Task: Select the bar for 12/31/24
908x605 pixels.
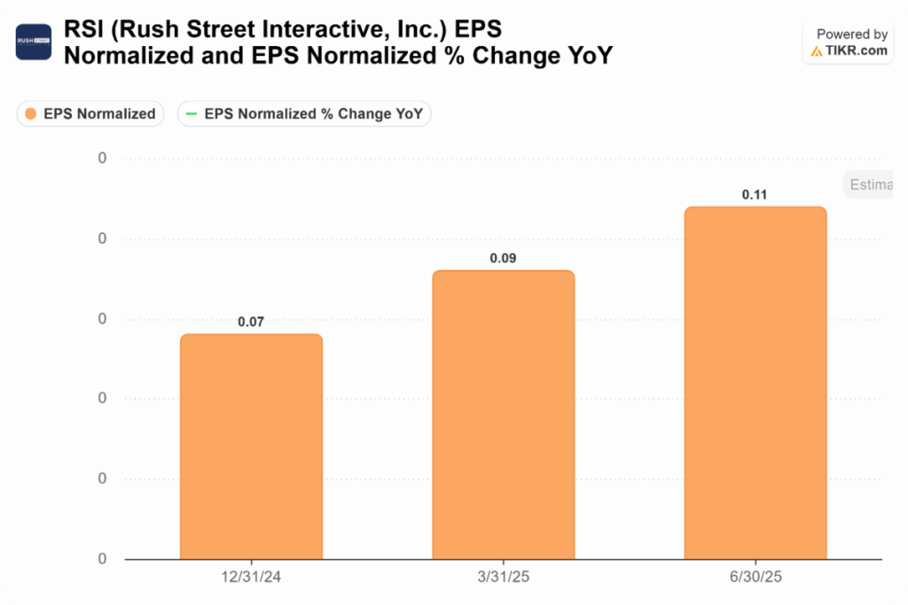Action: (x=251, y=446)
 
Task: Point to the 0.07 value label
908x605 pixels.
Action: (x=251, y=322)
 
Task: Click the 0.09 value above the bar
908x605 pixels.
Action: (x=503, y=259)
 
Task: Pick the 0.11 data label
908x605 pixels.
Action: (x=755, y=195)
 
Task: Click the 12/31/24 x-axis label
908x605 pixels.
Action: (x=251, y=577)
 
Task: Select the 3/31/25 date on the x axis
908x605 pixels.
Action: (x=503, y=577)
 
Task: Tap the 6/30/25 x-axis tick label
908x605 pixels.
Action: (x=755, y=577)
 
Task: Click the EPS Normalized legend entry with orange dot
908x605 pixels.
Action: (x=90, y=113)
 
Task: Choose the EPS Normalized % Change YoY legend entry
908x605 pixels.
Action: (x=304, y=113)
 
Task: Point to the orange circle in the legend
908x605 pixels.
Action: (x=31, y=113)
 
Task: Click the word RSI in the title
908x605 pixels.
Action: (x=82, y=31)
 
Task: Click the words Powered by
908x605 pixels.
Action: (x=851, y=35)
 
